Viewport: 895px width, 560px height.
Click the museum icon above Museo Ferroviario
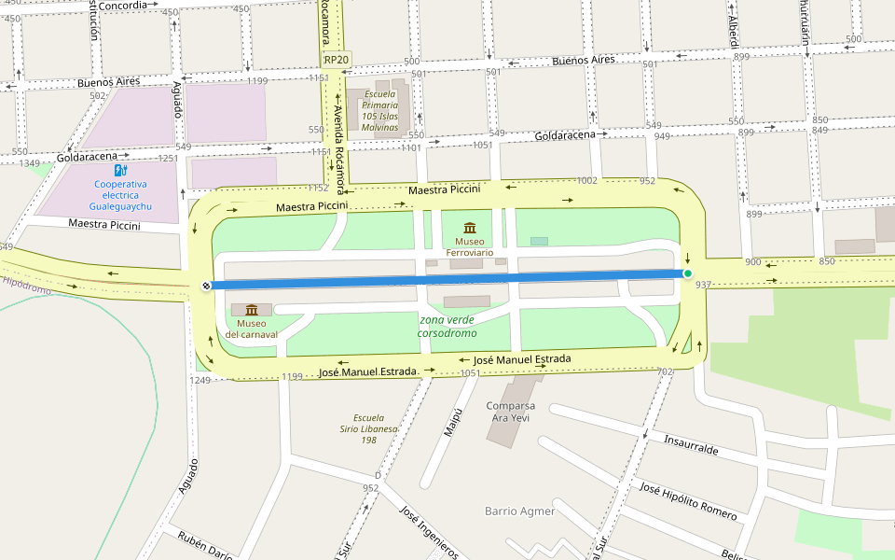(x=469, y=228)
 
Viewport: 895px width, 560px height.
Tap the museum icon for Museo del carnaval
(x=251, y=310)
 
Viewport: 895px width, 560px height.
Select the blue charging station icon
(x=119, y=170)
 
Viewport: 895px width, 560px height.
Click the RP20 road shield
(x=336, y=60)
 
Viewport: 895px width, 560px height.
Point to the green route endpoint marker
(x=687, y=273)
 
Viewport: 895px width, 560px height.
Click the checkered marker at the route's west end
(x=206, y=286)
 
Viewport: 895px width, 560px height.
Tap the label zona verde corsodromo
(x=447, y=327)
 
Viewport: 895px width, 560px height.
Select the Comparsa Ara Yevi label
(x=511, y=412)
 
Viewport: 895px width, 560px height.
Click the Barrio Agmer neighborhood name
(x=519, y=511)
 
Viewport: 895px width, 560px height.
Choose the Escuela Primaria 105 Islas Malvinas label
(x=379, y=111)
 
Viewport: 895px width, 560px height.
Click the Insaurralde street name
(x=691, y=442)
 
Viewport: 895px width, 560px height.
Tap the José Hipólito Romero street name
(x=688, y=501)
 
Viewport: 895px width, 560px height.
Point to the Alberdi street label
(x=734, y=31)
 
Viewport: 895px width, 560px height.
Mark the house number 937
(x=704, y=285)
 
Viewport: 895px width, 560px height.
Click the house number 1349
(x=29, y=163)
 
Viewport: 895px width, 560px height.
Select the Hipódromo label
(x=26, y=286)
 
